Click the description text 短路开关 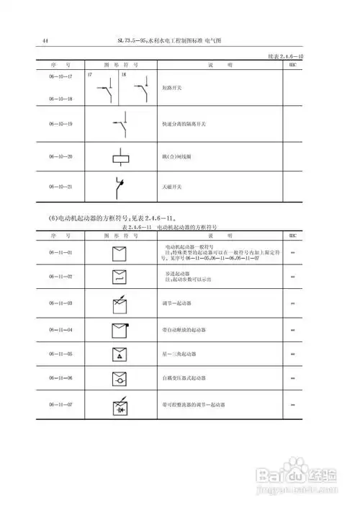173,89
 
